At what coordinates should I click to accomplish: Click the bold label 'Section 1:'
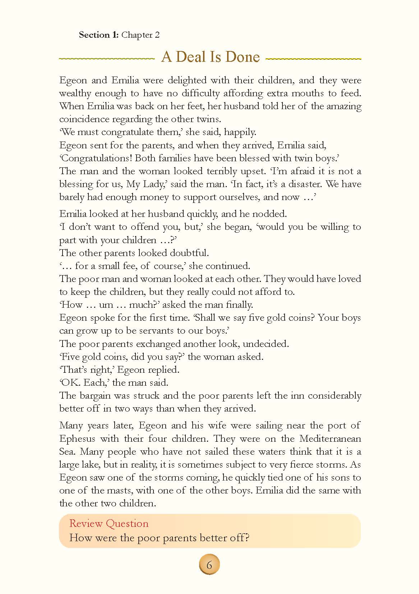click(x=99, y=35)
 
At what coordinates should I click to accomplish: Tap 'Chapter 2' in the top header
click(x=141, y=35)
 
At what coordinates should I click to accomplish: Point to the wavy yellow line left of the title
click(x=106, y=58)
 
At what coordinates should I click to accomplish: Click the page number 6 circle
click(x=209, y=565)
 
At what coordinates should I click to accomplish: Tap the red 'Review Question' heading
click(x=109, y=523)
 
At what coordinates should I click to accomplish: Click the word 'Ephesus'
click(x=77, y=438)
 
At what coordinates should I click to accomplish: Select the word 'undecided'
click(x=266, y=344)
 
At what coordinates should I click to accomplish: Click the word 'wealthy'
click(x=75, y=93)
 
